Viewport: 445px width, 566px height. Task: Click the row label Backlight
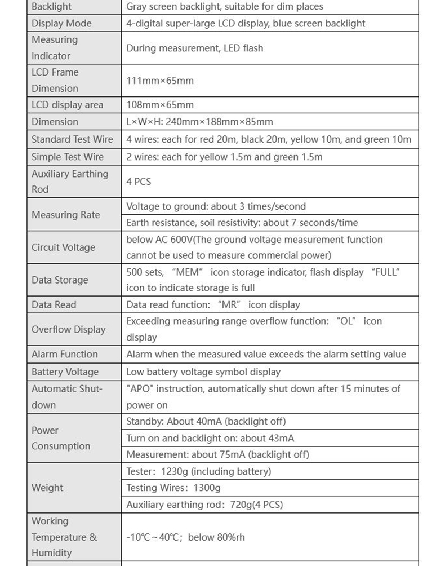point(52,7)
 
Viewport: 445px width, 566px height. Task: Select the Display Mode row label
point(61,23)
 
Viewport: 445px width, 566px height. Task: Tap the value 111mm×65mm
point(160,81)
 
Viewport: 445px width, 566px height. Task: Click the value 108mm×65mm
point(160,105)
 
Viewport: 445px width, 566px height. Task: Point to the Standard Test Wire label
point(72,139)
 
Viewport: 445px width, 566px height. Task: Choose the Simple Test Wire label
point(68,157)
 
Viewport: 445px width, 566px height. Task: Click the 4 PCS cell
point(139,182)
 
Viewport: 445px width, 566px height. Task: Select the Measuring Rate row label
point(65,215)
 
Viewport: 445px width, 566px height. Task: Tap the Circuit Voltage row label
point(63,247)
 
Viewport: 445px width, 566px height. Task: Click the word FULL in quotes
point(385,272)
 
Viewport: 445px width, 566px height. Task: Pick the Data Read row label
point(54,304)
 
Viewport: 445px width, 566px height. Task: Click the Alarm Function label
point(65,354)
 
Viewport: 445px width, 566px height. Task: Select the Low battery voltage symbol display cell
point(203,372)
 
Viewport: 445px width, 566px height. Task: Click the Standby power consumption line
point(206,421)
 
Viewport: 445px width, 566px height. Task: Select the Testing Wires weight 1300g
point(207,488)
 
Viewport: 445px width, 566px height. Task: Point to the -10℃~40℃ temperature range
point(152,537)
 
